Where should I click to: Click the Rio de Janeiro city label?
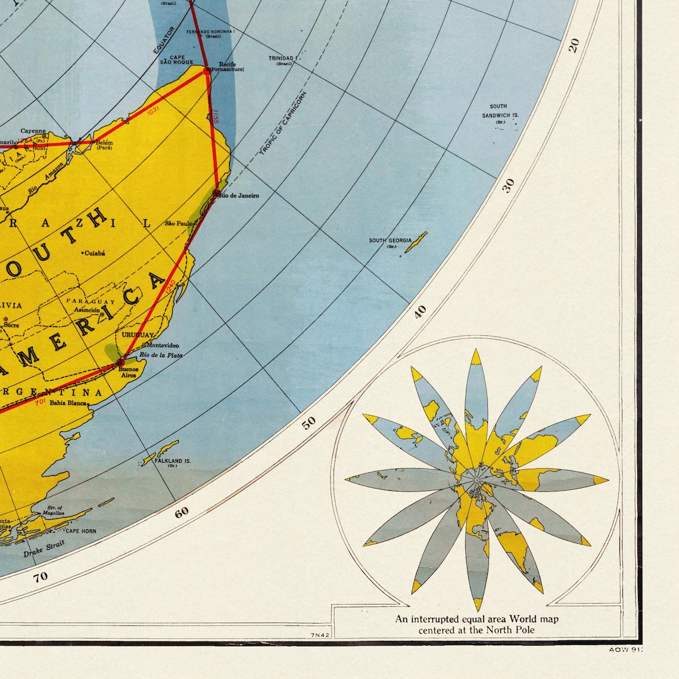pyautogui.click(x=239, y=195)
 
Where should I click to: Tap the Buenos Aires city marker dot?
pyautogui.click(x=120, y=362)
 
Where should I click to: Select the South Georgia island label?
pyautogui.click(x=390, y=241)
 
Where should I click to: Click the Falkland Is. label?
pyautogui.click(x=172, y=461)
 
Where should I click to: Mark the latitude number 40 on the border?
pyautogui.click(x=421, y=311)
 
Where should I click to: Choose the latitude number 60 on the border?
pyautogui.click(x=182, y=512)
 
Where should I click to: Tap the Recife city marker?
pyautogui.click(x=207, y=70)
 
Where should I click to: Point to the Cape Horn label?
pyautogui.click(x=80, y=531)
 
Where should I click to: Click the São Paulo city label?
pyautogui.click(x=178, y=223)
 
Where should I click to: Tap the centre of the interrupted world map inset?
pyautogui.click(x=476, y=476)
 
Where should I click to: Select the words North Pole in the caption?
pyautogui.click(x=510, y=630)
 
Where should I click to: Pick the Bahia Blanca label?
pyautogui.click(x=68, y=403)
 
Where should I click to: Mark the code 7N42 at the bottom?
pyautogui.click(x=320, y=636)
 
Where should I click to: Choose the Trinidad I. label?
pyautogui.click(x=282, y=58)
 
